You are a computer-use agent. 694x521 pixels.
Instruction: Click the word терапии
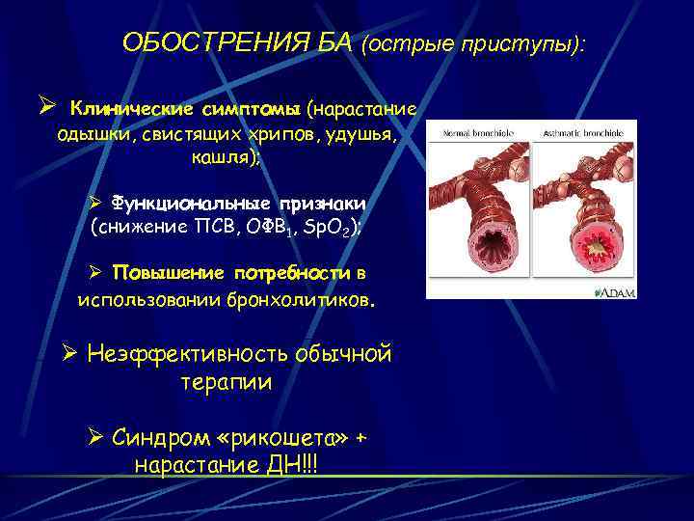(x=227, y=382)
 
